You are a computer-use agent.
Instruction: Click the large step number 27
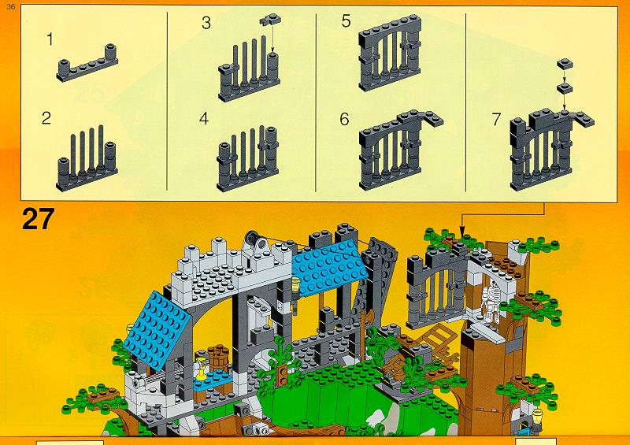click(38, 219)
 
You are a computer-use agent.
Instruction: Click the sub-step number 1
click(50, 39)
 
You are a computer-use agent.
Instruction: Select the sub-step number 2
click(46, 118)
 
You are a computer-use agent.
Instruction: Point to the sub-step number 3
click(206, 23)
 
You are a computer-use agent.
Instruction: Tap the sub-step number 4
click(204, 119)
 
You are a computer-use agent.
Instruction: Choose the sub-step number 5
click(346, 21)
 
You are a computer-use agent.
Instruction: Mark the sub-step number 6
click(344, 120)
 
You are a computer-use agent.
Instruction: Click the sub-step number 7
click(497, 120)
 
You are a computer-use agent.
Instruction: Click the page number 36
click(11, 7)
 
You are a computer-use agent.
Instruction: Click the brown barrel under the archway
click(219, 357)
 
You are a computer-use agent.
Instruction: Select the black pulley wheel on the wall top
click(252, 239)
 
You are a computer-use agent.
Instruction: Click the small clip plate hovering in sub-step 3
click(270, 19)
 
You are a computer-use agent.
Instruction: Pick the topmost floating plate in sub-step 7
click(565, 64)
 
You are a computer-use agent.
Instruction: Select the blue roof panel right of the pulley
click(328, 267)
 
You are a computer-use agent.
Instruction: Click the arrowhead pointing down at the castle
click(461, 232)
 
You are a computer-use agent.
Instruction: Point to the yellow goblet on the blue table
click(202, 367)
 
